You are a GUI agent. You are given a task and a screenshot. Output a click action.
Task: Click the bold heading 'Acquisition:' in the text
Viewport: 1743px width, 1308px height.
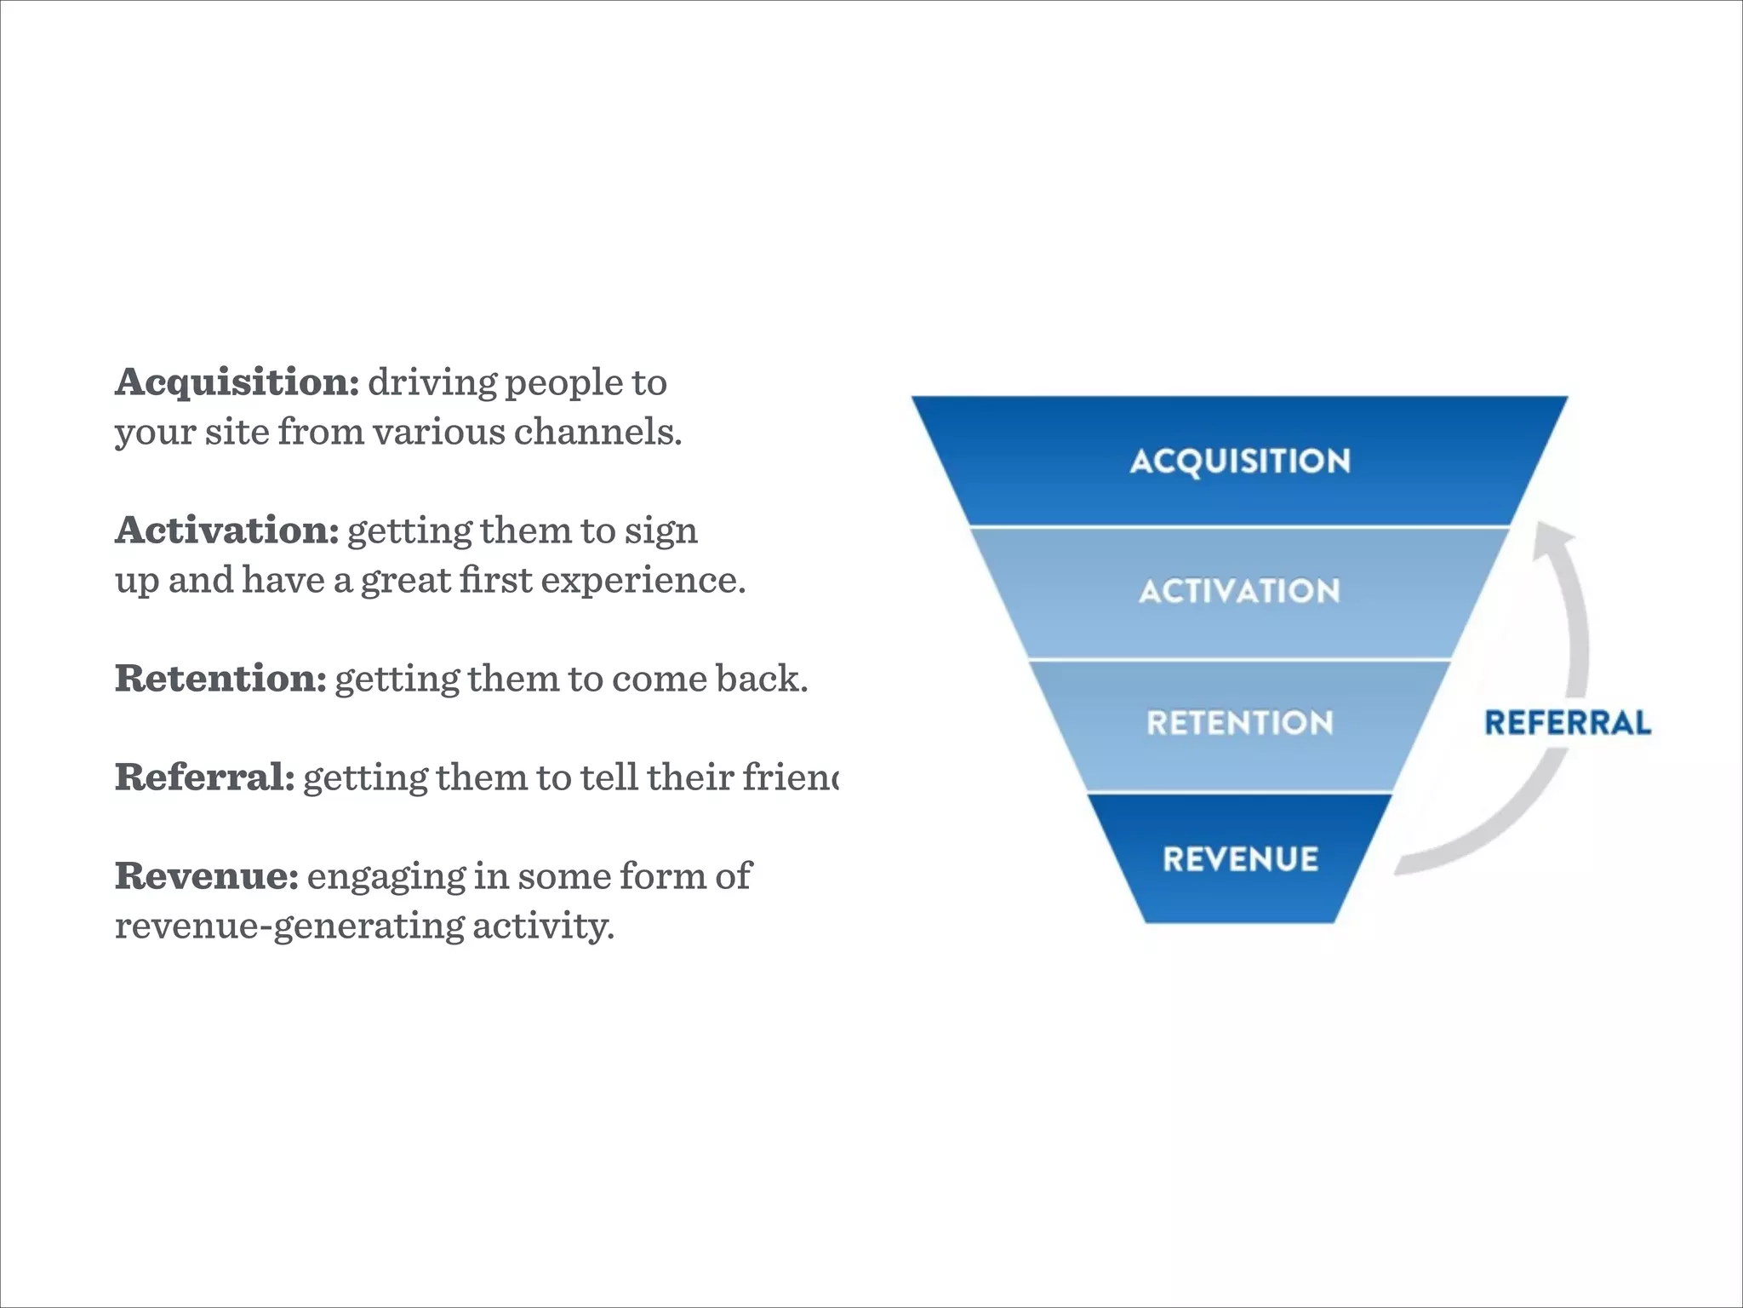pyautogui.click(x=237, y=381)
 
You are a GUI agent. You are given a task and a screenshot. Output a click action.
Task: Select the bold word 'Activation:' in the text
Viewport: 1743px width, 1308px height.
pyautogui.click(x=227, y=530)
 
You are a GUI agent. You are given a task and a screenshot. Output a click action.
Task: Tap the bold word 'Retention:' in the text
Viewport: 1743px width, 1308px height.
pyautogui.click(x=220, y=678)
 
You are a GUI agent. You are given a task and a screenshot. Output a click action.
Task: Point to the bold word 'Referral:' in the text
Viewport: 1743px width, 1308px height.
pyautogui.click(x=204, y=777)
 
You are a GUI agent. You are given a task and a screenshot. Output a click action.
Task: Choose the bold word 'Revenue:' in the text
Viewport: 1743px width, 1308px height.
pyautogui.click(x=207, y=875)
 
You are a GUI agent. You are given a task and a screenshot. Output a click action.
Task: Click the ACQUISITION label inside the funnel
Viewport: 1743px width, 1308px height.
pyautogui.click(x=1240, y=461)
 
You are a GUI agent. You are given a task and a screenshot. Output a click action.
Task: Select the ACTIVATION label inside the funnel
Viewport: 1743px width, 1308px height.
pyautogui.click(x=1239, y=591)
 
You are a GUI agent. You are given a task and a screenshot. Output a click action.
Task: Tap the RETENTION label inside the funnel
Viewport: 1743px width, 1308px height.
pyautogui.click(x=1239, y=723)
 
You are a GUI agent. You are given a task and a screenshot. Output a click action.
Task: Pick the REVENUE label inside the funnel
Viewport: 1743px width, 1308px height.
pyautogui.click(x=1240, y=858)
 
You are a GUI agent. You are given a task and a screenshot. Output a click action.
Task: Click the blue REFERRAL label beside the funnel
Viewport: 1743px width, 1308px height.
pyautogui.click(x=1568, y=723)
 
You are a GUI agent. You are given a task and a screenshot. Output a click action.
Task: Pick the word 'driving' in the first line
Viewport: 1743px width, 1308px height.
pyautogui.click(x=431, y=383)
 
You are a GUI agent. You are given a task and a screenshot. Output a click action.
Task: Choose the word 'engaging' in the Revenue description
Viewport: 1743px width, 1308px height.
pyautogui.click(x=386, y=877)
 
